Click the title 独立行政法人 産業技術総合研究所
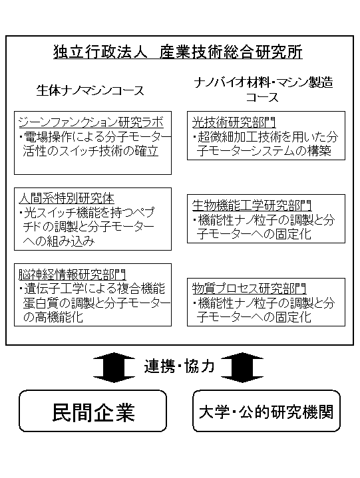click(x=178, y=52)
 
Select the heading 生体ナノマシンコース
click(x=90, y=90)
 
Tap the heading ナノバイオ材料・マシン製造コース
click(x=263, y=90)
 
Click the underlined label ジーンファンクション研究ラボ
click(x=91, y=122)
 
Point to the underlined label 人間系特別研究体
click(x=67, y=199)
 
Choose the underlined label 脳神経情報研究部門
click(x=72, y=275)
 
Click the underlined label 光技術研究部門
click(x=234, y=122)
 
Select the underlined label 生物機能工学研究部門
click(x=252, y=205)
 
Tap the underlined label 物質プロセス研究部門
click(x=250, y=289)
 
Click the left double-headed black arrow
click(x=114, y=367)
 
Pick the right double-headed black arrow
click(x=242, y=367)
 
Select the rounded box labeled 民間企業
click(x=92, y=411)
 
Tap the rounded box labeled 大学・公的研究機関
click(x=266, y=411)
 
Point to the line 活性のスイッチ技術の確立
click(x=90, y=151)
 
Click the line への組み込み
click(x=59, y=241)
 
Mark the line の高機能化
click(x=53, y=317)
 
